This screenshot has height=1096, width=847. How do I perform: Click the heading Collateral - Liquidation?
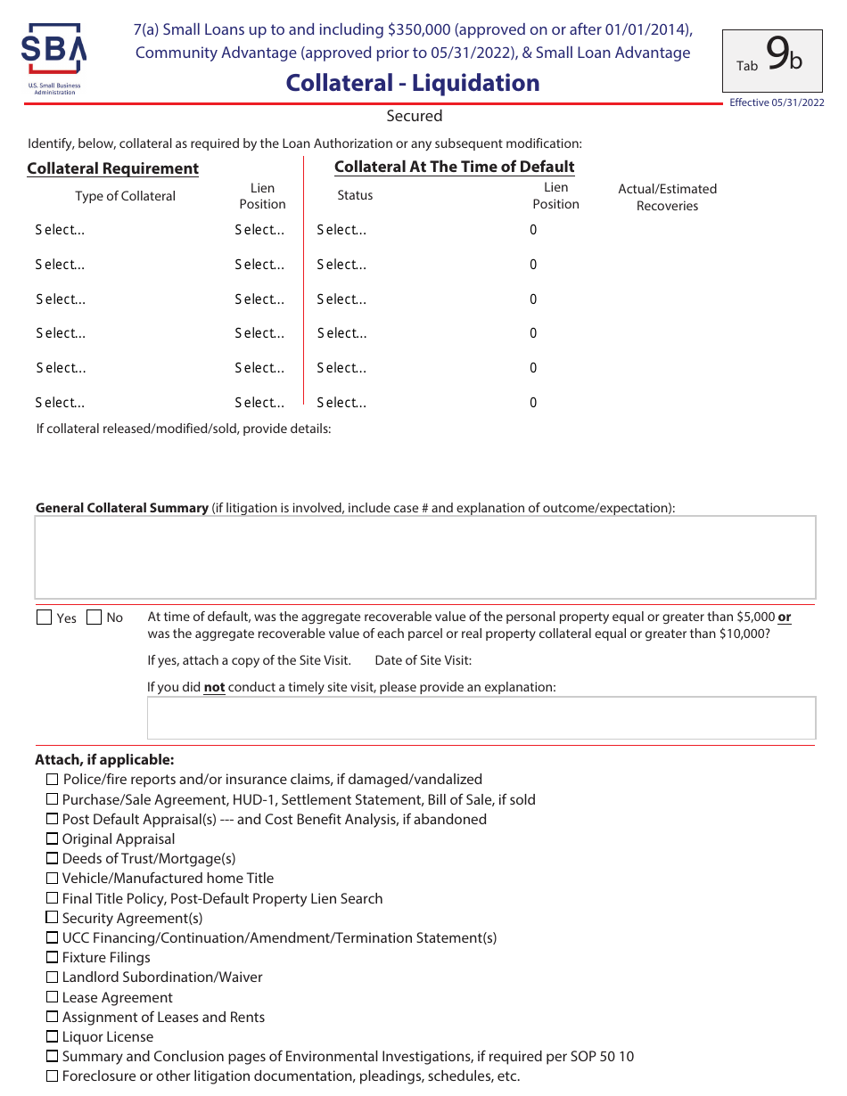pyautogui.click(x=413, y=83)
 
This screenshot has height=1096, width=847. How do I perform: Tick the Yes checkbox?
pyautogui.click(x=45, y=618)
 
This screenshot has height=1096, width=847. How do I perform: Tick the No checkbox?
pyautogui.click(x=95, y=618)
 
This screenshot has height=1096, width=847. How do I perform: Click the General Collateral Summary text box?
pyautogui.click(x=424, y=557)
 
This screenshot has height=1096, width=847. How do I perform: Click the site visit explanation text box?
pyautogui.click(x=481, y=718)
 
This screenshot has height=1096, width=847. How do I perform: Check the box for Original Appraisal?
pyautogui.click(x=53, y=838)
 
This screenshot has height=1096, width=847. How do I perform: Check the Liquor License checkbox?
pyautogui.click(x=53, y=1036)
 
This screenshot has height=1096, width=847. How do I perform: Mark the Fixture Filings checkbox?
pyautogui.click(x=53, y=957)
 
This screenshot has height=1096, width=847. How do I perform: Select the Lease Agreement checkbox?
pyautogui.click(x=53, y=997)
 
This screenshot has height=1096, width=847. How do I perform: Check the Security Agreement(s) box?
pyautogui.click(x=53, y=918)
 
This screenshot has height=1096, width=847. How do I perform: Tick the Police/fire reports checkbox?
pyautogui.click(x=53, y=780)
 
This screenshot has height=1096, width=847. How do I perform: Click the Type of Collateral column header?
pyautogui.click(x=125, y=196)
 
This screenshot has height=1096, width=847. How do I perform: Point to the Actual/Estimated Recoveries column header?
pyautogui.click(x=667, y=197)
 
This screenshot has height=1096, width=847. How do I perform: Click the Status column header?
pyautogui.click(x=355, y=195)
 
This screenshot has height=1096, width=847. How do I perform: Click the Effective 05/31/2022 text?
pyautogui.click(x=776, y=102)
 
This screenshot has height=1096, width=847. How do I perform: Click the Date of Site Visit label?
pyautogui.click(x=423, y=660)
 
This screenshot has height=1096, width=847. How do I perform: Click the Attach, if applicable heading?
pyautogui.click(x=104, y=760)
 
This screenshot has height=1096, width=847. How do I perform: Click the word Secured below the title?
pyautogui.click(x=414, y=116)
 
